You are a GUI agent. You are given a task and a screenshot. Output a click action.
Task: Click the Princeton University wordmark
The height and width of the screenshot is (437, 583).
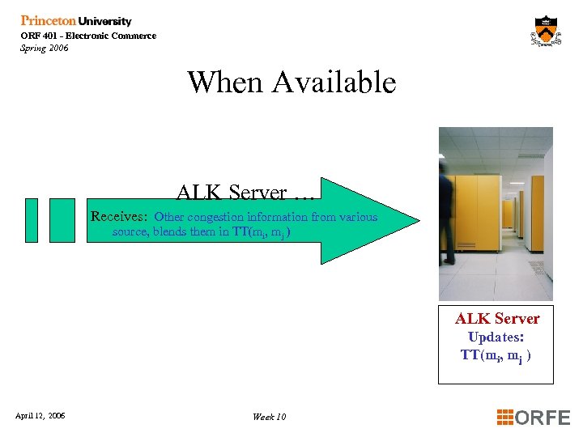(75, 21)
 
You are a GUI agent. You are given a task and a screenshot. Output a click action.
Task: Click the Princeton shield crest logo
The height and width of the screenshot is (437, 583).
(547, 32)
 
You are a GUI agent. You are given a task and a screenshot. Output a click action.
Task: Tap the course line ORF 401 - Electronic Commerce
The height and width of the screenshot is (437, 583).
(88, 36)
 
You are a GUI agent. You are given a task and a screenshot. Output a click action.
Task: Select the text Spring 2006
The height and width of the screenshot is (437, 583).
(45, 48)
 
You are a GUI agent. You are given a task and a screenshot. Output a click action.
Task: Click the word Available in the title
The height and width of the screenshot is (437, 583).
(334, 82)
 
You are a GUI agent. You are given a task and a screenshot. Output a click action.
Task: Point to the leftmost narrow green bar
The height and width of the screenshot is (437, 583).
(32, 219)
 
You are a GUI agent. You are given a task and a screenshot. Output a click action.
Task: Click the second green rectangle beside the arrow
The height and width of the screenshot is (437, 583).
(62, 219)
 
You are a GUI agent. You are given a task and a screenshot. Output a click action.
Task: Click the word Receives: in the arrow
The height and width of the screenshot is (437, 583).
(119, 217)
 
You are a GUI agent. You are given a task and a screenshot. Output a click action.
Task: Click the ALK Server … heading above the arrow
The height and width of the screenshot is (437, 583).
(245, 193)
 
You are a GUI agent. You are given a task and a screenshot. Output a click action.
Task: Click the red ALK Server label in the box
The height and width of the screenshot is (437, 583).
(496, 319)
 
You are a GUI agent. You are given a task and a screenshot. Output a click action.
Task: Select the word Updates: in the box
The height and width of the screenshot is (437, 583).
(496, 337)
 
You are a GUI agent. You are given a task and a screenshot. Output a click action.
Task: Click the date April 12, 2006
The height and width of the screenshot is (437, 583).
(40, 416)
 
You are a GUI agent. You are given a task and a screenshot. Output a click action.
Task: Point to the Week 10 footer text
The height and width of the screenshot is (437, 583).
(269, 417)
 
